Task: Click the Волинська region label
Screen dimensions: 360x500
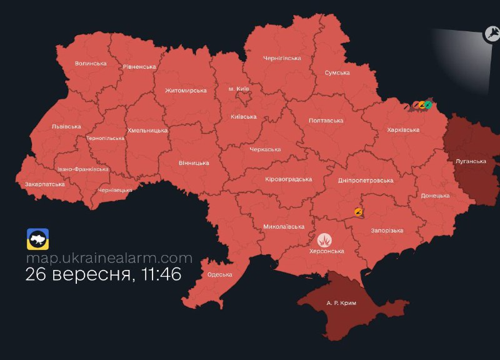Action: coord(91,64)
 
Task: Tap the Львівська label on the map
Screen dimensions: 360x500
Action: coord(66,127)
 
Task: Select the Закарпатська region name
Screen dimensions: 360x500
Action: coord(44,185)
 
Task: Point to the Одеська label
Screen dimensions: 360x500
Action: coord(219,274)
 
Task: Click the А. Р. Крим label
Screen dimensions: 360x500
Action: coord(341,303)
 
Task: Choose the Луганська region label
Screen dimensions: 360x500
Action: coord(471,161)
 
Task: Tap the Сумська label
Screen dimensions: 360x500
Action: coord(337,73)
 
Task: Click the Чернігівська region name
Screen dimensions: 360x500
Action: coord(282,58)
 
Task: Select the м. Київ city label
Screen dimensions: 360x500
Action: coord(239,89)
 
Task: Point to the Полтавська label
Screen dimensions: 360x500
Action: coord(326,121)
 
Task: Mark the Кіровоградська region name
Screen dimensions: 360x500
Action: coord(288,179)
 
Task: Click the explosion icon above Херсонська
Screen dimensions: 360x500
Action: coord(324,239)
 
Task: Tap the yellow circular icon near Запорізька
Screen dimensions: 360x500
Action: coord(358,212)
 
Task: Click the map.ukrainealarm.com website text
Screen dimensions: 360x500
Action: coord(109,257)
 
